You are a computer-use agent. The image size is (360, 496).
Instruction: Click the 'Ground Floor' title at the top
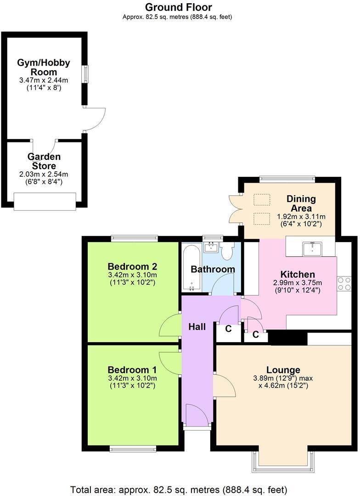click(179, 7)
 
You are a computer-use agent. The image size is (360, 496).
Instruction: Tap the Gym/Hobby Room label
click(44, 67)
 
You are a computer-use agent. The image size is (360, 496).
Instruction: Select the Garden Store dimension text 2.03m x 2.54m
click(44, 175)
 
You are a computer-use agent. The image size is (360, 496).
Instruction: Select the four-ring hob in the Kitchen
click(344, 283)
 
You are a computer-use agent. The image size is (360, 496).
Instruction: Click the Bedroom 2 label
click(132, 266)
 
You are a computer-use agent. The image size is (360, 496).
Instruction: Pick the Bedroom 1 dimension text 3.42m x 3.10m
click(132, 378)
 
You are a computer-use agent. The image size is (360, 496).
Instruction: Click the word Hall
click(197, 327)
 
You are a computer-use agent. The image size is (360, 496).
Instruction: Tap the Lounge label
click(283, 370)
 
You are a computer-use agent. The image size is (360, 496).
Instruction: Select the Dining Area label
click(301, 203)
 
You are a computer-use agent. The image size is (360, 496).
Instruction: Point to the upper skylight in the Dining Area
click(262, 200)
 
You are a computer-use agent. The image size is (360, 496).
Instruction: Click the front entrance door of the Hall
click(197, 416)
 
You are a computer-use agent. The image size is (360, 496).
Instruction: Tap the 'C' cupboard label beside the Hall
click(228, 329)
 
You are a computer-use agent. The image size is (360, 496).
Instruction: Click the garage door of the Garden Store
click(45, 201)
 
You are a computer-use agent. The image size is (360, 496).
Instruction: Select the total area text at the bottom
click(179, 489)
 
